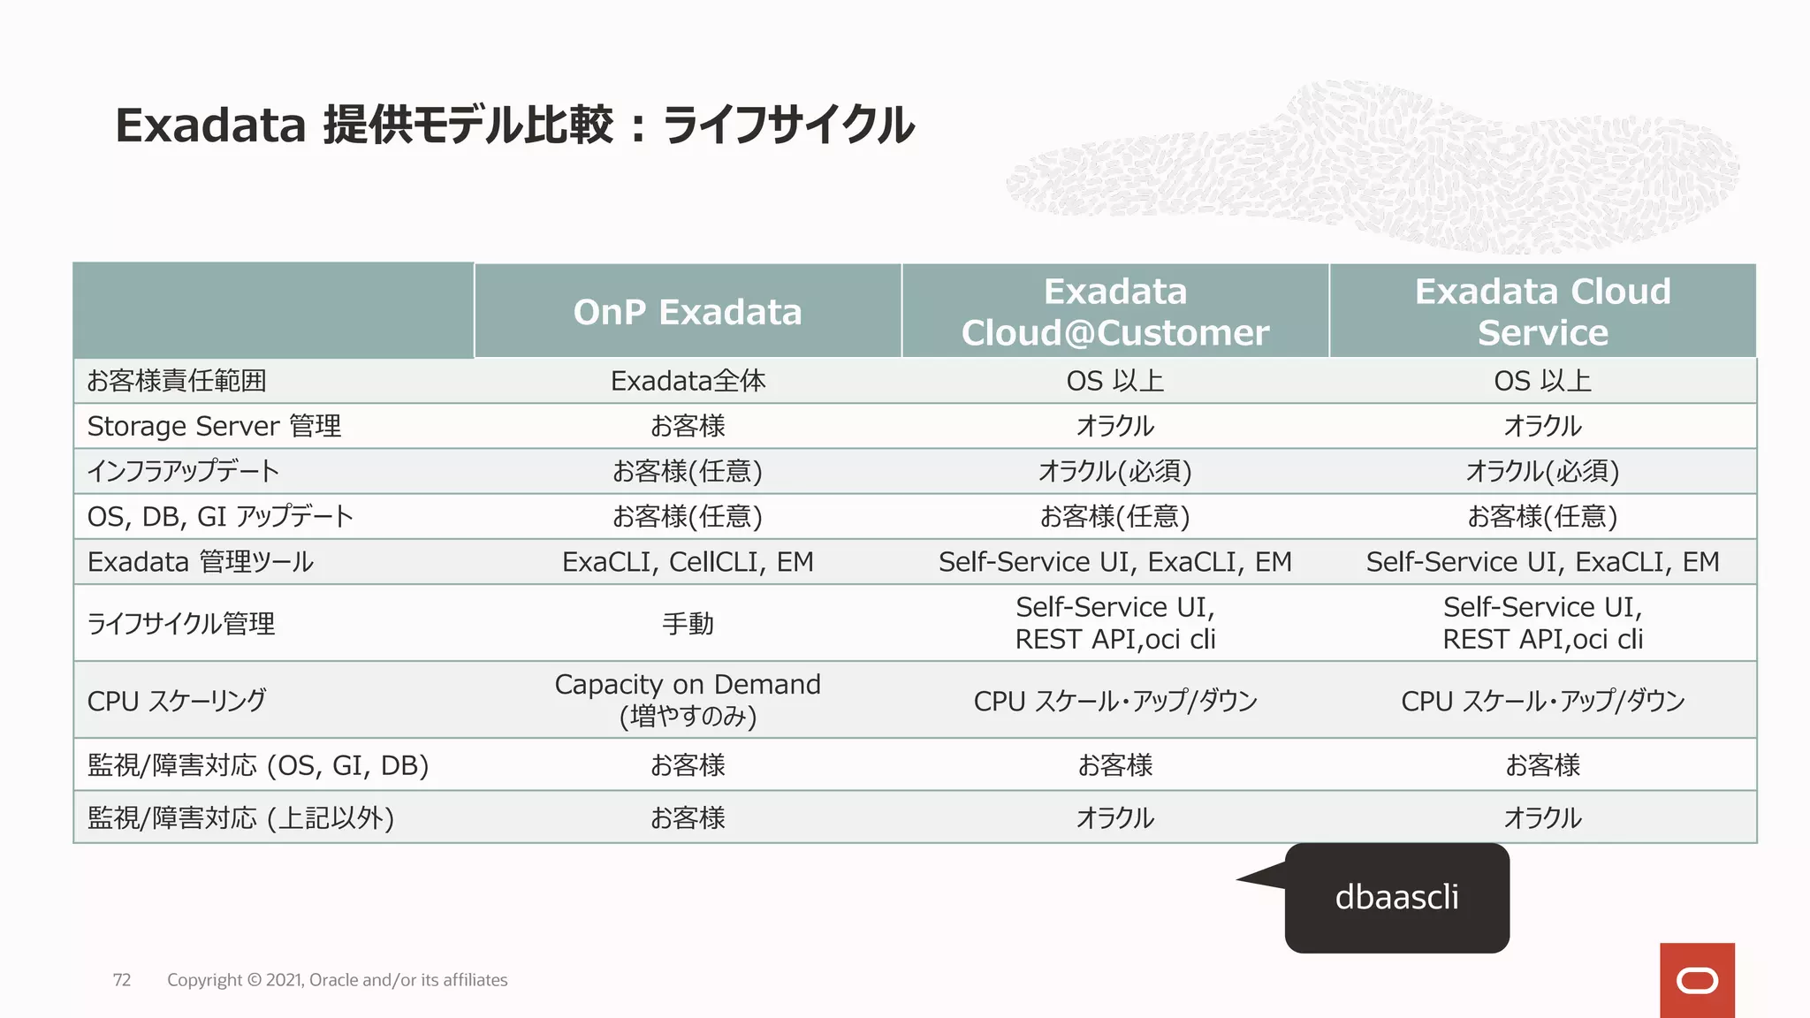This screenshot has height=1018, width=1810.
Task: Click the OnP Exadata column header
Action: tap(687, 312)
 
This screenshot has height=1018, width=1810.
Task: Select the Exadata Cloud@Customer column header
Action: tap(1114, 312)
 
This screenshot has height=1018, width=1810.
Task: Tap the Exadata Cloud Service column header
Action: tap(1542, 312)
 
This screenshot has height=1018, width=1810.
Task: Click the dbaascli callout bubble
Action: tap(1396, 897)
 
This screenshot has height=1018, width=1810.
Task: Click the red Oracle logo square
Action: tap(1697, 980)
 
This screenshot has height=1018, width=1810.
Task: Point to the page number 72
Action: tap(122, 980)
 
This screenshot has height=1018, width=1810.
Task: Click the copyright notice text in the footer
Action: tap(337, 980)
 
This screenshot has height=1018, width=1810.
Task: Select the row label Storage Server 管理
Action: tap(214, 426)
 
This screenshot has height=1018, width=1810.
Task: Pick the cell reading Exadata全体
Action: tap(688, 381)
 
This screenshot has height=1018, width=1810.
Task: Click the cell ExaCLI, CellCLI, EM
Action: tap(688, 562)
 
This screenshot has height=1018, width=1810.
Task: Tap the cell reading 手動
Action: tap(688, 623)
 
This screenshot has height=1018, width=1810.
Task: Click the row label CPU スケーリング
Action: tap(176, 701)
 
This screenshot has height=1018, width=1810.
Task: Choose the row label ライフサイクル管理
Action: tap(181, 624)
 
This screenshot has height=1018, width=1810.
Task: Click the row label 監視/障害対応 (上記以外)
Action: tap(240, 817)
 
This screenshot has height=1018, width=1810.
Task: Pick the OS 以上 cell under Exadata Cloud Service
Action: tap(1542, 381)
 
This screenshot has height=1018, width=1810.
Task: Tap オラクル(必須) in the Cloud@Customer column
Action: tap(1114, 471)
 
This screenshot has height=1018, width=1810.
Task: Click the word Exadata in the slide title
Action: tap(210, 125)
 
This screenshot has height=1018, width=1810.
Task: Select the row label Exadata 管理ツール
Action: tap(200, 562)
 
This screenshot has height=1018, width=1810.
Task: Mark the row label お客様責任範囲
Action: tap(176, 381)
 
